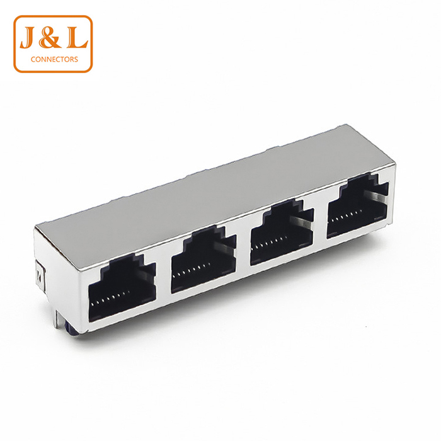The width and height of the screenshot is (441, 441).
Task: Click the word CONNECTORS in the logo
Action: [x=54, y=59]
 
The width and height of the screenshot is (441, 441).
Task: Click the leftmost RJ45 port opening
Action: [x=122, y=288]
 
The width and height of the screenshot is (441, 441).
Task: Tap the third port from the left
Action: [x=282, y=232]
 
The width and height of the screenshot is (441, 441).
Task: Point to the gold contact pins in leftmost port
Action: [x=112, y=298]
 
